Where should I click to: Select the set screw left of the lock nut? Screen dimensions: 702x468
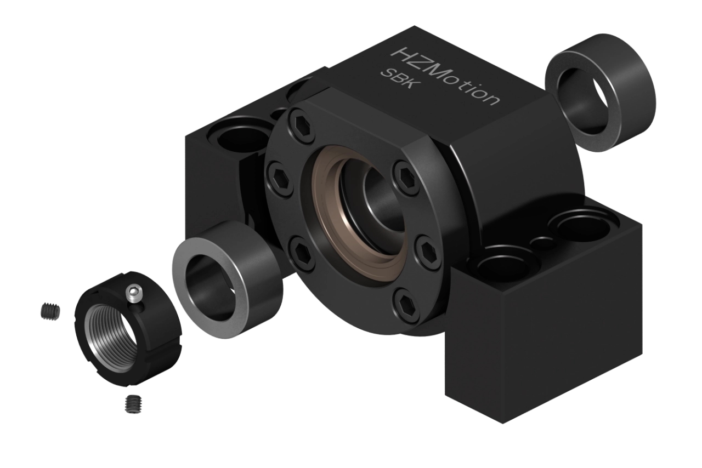click(50, 312)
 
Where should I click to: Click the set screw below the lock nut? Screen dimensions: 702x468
click(133, 404)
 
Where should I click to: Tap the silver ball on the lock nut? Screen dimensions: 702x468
click(133, 294)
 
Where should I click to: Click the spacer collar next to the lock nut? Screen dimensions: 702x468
click(228, 279)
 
